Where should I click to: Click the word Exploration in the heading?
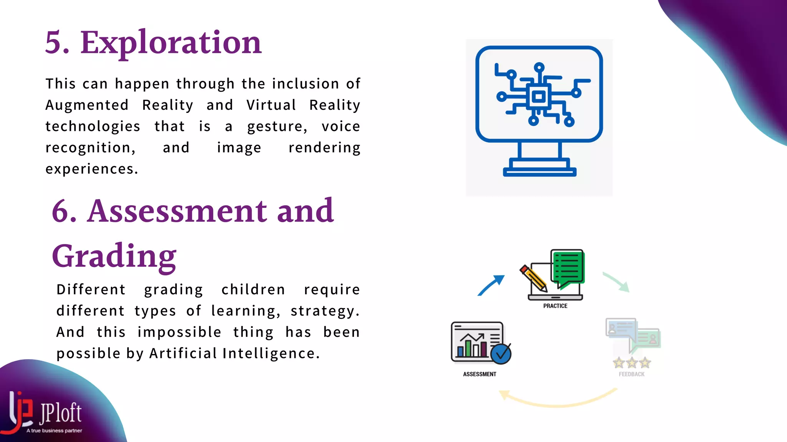pyautogui.click(x=171, y=43)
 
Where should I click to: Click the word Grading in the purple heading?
pyautogui.click(x=114, y=256)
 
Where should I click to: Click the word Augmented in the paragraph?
pyautogui.click(x=87, y=105)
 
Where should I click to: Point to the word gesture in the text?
pyautogui.click(x=277, y=127)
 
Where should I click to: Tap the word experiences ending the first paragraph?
pyautogui.click(x=91, y=169)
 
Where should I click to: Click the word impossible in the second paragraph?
pyautogui.click(x=179, y=332)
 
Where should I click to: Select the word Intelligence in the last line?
pyautogui.click(x=271, y=353)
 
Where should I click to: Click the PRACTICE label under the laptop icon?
pyautogui.click(x=555, y=306)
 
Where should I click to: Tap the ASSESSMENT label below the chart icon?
pyautogui.click(x=479, y=374)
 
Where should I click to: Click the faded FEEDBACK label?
pyautogui.click(x=631, y=374)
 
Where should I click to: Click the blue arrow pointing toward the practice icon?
pyautogui.click(x=491, y=285)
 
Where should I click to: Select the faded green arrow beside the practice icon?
pyautogui.click(x=616, y=282)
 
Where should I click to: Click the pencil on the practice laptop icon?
pyautogui.click(x=533, y=278)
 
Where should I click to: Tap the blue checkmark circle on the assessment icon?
pyautogui.click(x=501, y=354)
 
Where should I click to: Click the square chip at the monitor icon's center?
pyautogui.click(x=538, y=97)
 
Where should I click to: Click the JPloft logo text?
pyautogui.click(x=60, y=413)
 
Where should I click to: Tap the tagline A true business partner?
pyautogui.click(x=54, y=430)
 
